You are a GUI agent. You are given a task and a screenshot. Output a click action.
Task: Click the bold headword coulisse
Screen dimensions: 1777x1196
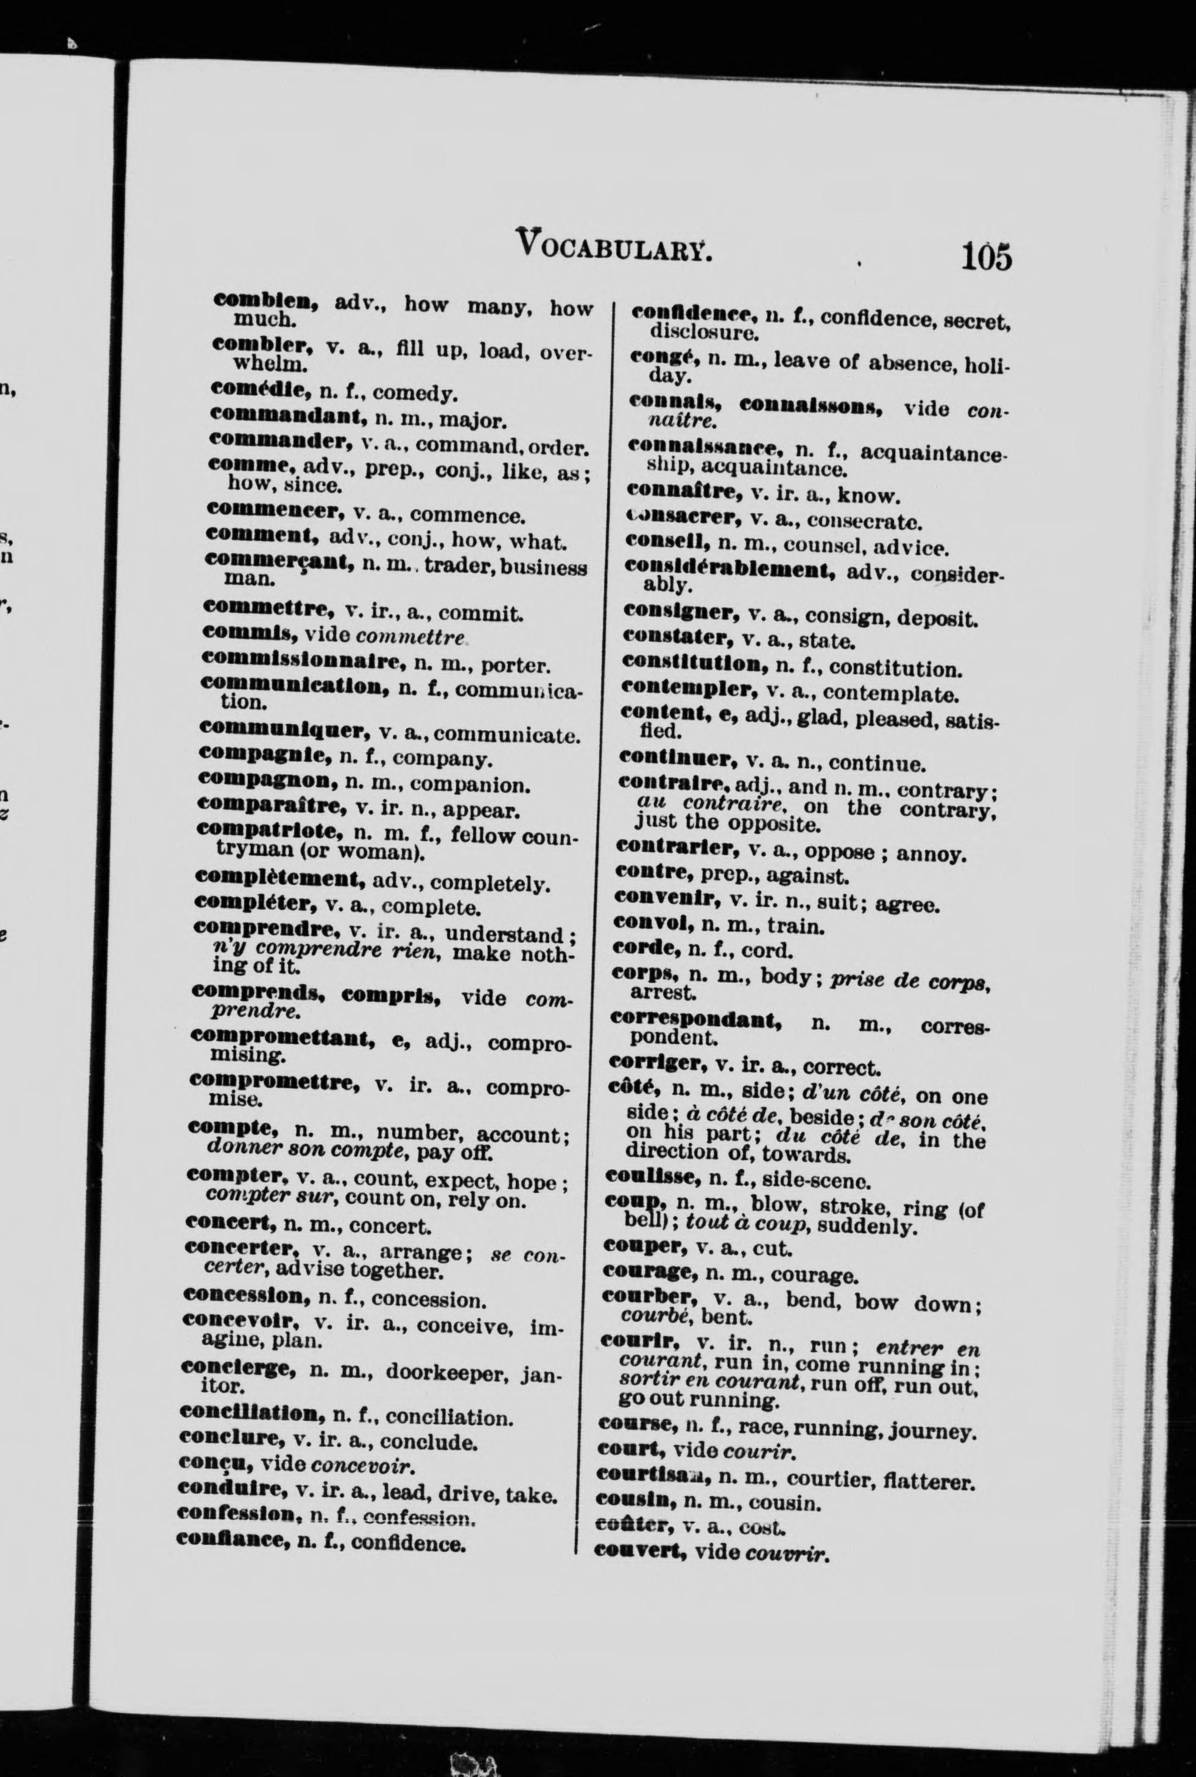coord(652,1178)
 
